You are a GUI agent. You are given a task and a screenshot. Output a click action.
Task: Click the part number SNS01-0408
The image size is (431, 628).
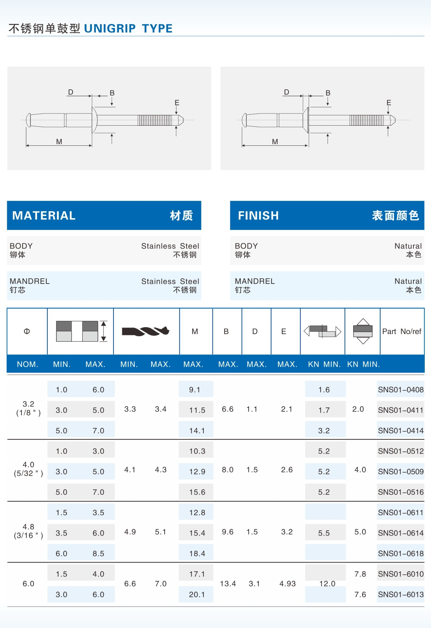pos(401,390)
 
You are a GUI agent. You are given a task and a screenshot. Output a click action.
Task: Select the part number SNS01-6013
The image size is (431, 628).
pos(401,594)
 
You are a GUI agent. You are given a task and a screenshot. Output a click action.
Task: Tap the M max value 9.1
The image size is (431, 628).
pos(194,390)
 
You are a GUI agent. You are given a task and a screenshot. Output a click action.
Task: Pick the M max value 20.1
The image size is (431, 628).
pos(197,594)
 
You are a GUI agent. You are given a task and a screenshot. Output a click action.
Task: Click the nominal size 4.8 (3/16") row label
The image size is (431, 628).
pos(28,531)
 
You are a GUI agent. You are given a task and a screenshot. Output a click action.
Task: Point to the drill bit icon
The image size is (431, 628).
pos(146,331)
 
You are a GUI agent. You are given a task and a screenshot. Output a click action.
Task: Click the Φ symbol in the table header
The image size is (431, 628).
pos(27,331)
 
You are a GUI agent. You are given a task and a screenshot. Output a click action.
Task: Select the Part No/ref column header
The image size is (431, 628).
pos(402,331)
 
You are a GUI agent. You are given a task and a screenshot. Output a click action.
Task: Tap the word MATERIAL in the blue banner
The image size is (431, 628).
pos(44,215)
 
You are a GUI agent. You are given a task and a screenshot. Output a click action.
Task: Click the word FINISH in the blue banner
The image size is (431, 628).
pos(258,215)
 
